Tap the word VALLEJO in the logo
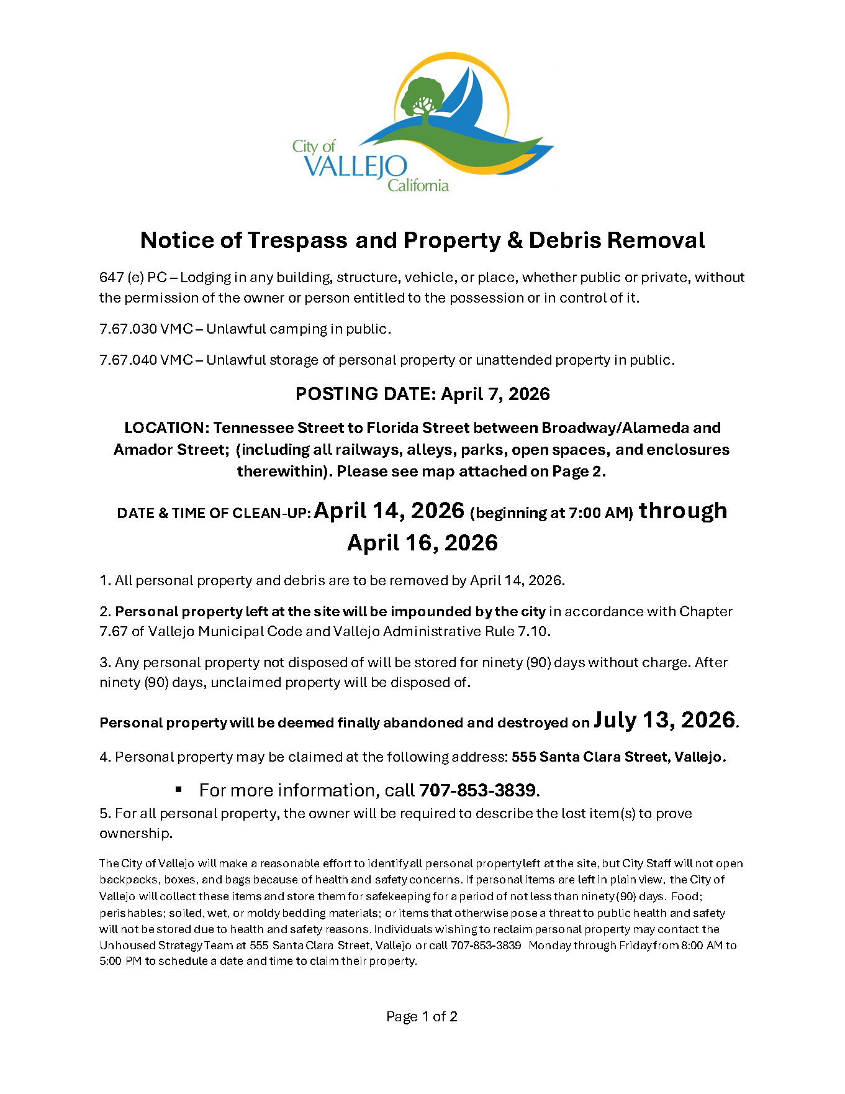click(356, 167)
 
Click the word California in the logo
click(418, 185)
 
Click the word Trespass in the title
click(297, 240)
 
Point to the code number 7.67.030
click(128, 329)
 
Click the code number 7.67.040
click(128, 360)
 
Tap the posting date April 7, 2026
click(495, 394)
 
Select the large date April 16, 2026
click(422, 543)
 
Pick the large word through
click(683, 511)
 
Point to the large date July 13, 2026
click(664, 720)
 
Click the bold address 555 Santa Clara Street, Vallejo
click(618, 757)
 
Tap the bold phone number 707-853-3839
click(477, 790)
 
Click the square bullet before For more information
click(179, 790)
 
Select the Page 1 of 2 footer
click(422, 1016)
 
